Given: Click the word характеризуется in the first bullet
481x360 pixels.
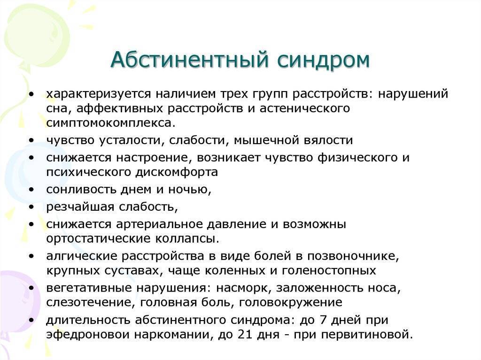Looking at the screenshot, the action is pyautogui.click(x=99, y=94).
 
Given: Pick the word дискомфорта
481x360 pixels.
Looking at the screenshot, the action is pyautogui.click(x=177, y=172).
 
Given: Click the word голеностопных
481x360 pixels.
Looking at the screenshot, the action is pyautogui.click(x=329, y=271).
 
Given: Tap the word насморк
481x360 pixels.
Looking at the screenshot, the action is pyautogui.click(x=244, y=288).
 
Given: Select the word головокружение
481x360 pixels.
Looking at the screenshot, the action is pyautogui.click(x=290, y=303).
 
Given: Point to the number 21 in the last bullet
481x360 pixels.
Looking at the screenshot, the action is pyautogui.click(x=244, y=334).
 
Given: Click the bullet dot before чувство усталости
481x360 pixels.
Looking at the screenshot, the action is pyautogui.click(x=31, y=140).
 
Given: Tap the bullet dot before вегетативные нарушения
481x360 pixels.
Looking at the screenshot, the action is pyautogui.click(x=31, y=288).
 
